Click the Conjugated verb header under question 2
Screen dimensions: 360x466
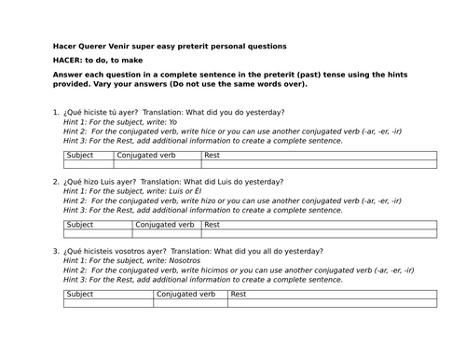[x=166, y=225]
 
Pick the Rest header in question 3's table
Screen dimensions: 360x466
[x=239, y=294]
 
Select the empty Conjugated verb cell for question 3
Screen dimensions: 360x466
[x=190, y=303]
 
